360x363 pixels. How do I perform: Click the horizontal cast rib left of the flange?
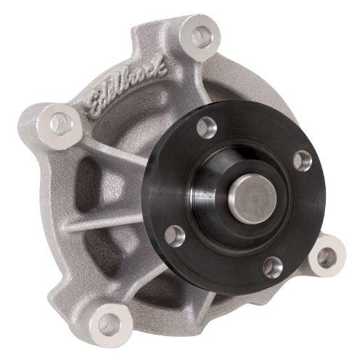coord(109,218)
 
